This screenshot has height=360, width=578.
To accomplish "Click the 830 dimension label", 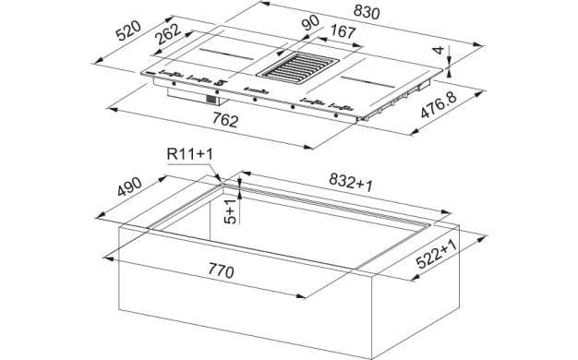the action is [366, 13].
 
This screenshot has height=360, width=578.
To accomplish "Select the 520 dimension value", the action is [128, 30].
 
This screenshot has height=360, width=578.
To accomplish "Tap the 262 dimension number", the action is [168, 34].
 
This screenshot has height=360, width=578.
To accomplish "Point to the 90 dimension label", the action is [310, 23].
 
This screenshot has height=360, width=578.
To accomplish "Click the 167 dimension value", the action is [343, 31].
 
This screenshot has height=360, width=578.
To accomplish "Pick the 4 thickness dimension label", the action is [439, 50].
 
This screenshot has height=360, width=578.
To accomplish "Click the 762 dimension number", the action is [225, 120].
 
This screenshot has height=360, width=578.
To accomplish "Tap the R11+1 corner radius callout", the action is [190, 153].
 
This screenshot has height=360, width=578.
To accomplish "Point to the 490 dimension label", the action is [129, 187].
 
